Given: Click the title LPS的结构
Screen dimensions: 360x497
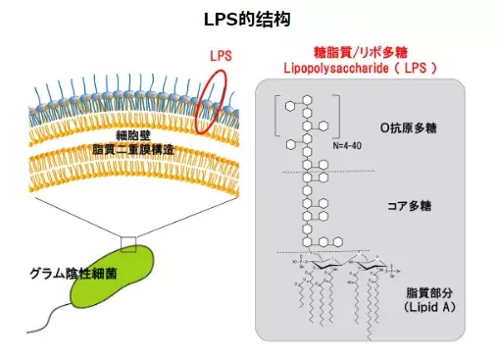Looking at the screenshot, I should click(x=248, y=19).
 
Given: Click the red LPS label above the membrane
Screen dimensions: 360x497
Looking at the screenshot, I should click(x=221, y=57).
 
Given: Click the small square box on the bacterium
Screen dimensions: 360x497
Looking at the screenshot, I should click(x=128, y=242).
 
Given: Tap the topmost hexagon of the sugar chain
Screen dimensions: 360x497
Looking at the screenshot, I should click(x=307, y=101).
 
